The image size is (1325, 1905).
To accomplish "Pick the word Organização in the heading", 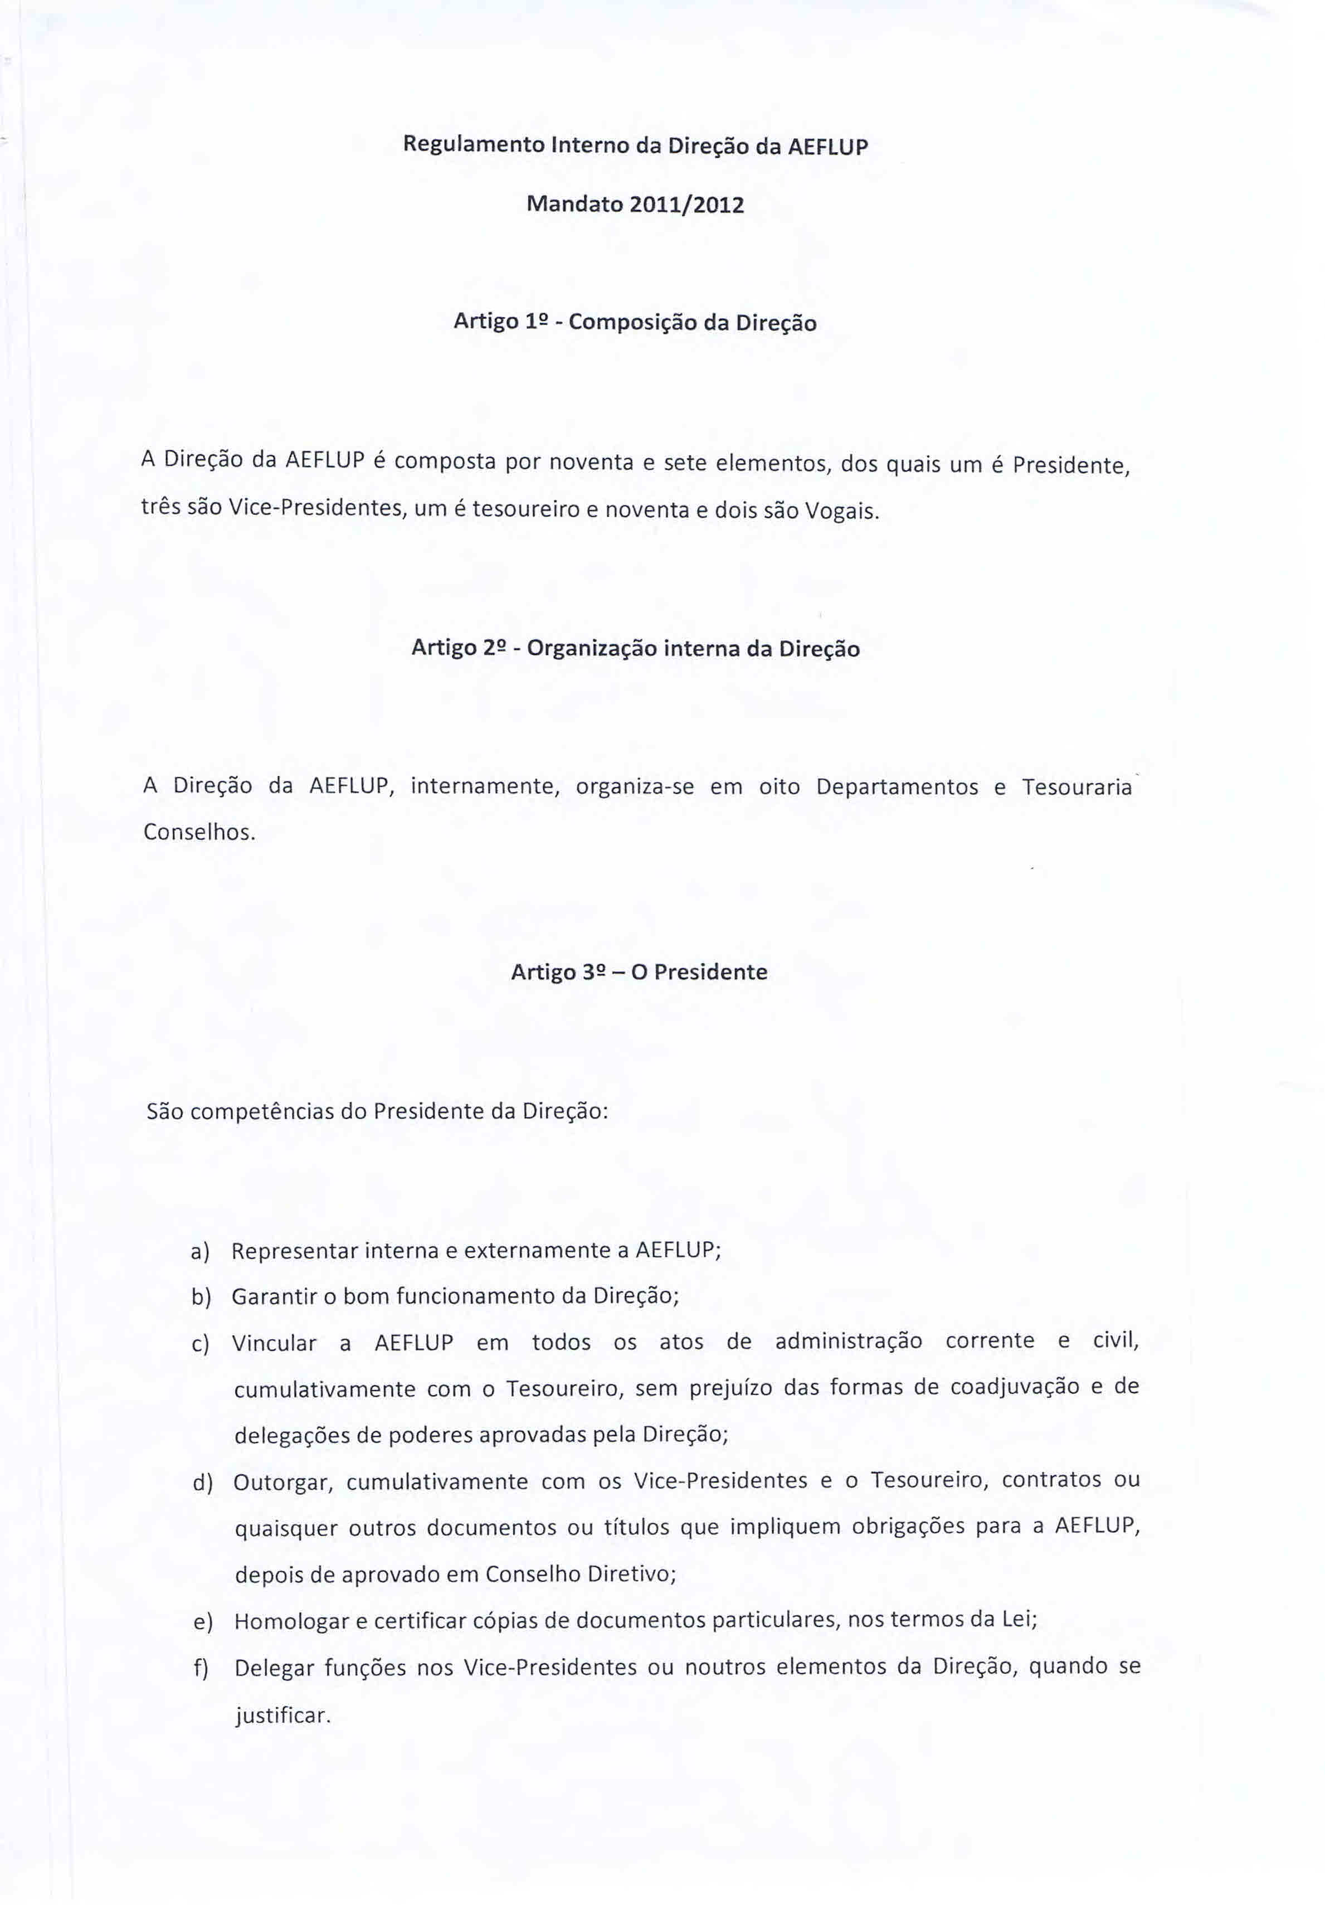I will coord(592,648).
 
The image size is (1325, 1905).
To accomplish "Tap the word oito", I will coord(779,786).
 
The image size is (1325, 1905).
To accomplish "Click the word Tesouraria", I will coord(1076,786).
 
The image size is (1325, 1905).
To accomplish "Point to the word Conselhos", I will coord(198,832).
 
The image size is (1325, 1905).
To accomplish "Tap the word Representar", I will coord(294,1250).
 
